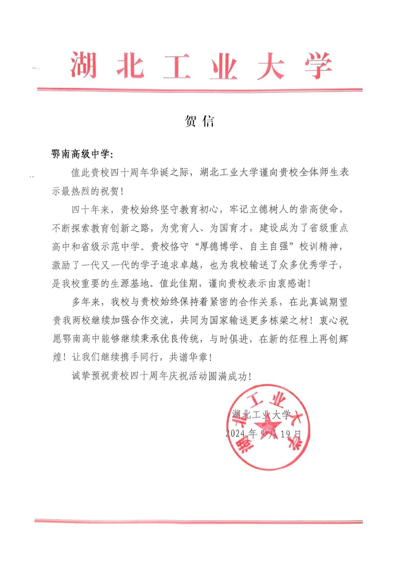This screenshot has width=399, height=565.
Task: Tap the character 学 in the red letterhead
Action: tap(318, 66)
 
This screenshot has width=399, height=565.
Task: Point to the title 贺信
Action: tap(199, 121)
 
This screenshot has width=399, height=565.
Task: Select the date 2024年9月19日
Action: tap(263, 433)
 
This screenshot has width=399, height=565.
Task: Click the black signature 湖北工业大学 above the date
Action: tap(262, 414)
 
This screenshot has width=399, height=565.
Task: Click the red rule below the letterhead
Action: tap(199, 90)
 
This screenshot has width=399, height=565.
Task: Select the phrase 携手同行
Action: tap(139, 357)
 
